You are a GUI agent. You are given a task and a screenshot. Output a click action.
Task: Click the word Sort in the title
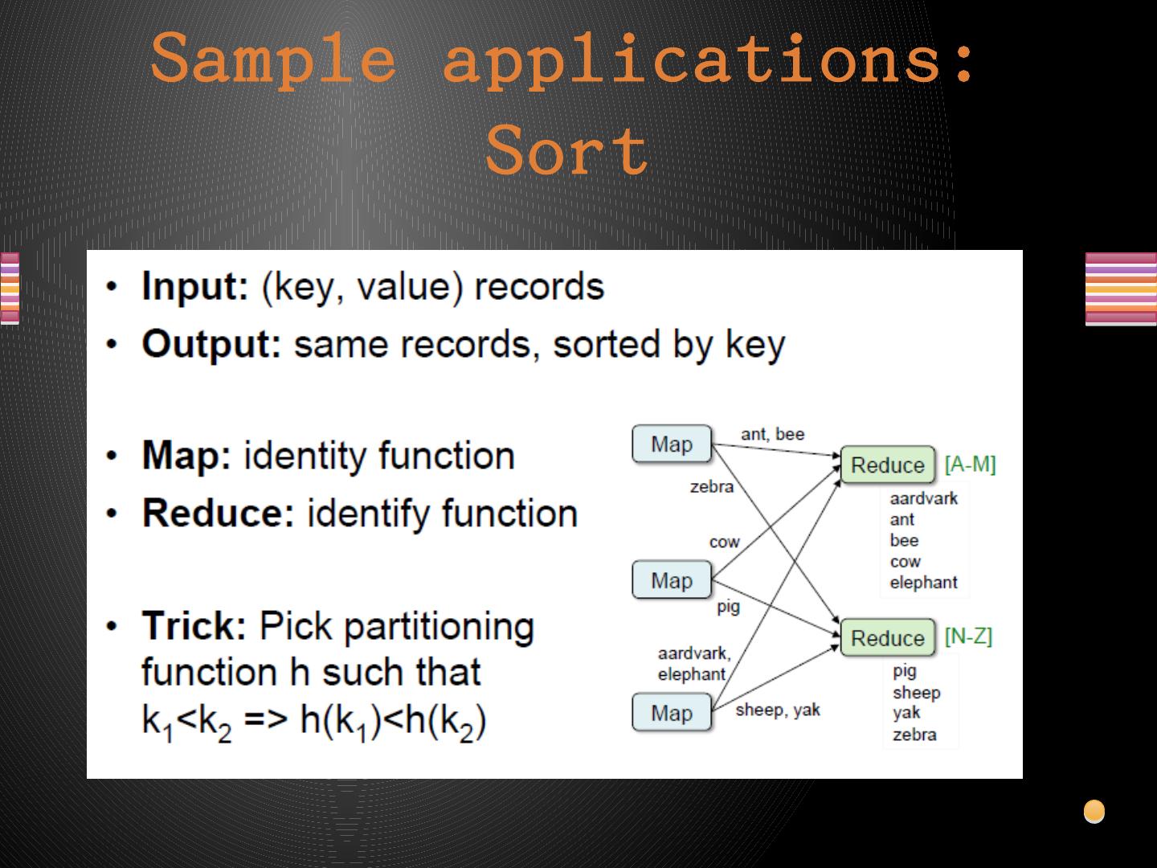click(567, 150)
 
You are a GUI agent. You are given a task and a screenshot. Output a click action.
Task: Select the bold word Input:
click(195, 287)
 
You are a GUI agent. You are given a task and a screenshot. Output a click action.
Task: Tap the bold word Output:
click(211, 344)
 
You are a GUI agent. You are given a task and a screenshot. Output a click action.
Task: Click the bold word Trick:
click(194, 627)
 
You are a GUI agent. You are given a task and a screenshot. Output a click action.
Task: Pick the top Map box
click(671, 444)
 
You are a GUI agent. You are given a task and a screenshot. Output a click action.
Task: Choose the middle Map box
click(671, 580)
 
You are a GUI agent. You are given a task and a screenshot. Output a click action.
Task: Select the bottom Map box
click(671, 713)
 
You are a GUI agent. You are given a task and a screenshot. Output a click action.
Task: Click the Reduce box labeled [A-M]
click(887, 465)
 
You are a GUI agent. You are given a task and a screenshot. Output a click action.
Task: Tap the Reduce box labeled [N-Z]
click(887, 638)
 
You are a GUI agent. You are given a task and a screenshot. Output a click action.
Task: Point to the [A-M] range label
click(970, 465)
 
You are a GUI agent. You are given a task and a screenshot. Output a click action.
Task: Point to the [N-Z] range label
click(968, 637)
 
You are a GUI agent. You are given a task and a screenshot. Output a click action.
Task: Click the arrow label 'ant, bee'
click(772, 434)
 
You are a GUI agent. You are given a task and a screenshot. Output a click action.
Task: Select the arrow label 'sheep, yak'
click(778, 710)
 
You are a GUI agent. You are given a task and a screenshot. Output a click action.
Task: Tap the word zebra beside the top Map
click(711, 486)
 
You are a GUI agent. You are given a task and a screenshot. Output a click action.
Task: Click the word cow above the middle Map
click(724, 542)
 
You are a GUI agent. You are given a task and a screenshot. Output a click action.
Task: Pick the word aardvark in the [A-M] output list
click(923, 498)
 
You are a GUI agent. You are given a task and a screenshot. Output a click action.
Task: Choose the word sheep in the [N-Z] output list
click(916, 693)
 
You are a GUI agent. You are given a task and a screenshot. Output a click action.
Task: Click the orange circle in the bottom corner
click(1094, 812)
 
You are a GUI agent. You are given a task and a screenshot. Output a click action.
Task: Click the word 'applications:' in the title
click(709, 58)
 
